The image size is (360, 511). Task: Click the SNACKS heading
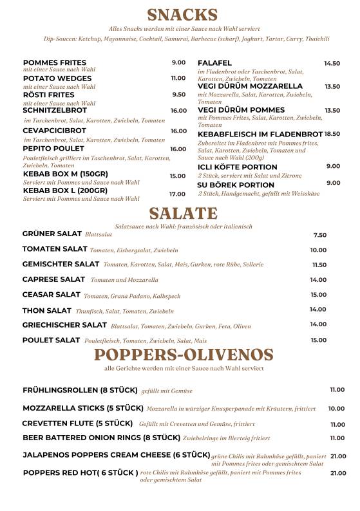[182, 15]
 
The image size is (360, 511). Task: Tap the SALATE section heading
[184, 214]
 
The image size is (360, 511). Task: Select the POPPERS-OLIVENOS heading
[184, 355]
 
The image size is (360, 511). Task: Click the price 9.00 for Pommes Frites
[178, 62]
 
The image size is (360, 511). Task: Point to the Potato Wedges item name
[57, 79]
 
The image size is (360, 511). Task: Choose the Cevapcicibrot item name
[54, 131]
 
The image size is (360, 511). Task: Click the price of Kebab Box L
[177, 194]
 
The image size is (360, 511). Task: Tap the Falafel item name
[214, 63]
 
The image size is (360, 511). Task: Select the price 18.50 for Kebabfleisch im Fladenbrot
[332, 134]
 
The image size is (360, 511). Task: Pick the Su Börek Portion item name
[236, 185]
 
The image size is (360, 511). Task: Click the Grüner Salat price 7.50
[319, 235]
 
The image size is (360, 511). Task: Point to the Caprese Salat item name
[53, 279]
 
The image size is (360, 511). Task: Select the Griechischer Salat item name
[64, 325]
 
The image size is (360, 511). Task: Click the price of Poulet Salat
[319, 340]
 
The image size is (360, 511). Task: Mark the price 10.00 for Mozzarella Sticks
[336, 408]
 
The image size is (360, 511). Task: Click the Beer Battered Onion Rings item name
[101, 438]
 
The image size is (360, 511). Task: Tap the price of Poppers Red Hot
[338, 473]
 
